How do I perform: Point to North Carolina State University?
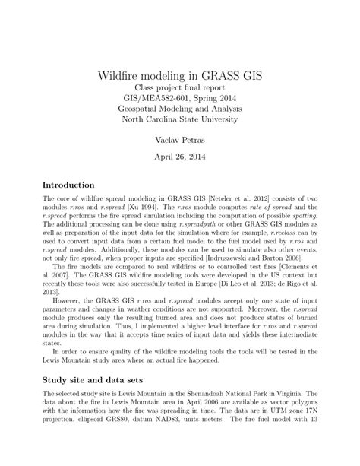(179, 119)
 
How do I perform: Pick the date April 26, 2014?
(179, 160)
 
